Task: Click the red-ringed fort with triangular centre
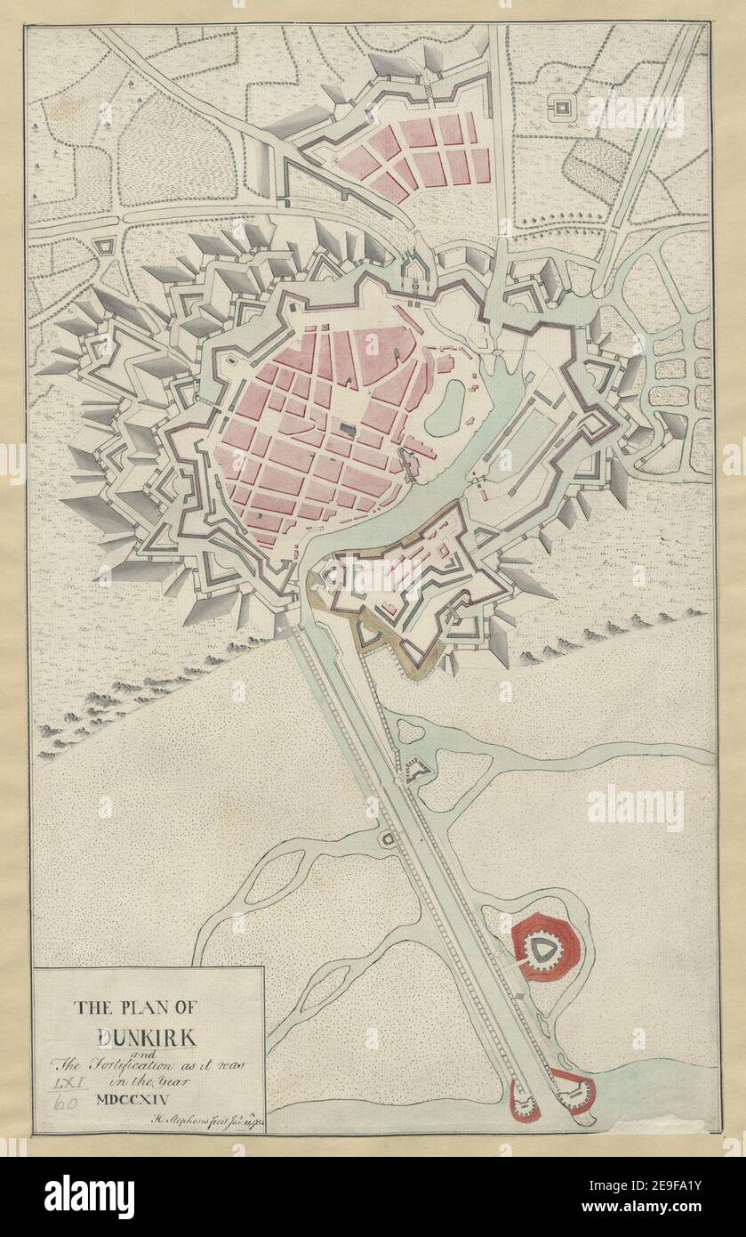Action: point(541,950)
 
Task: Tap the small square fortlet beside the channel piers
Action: point(388,838)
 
